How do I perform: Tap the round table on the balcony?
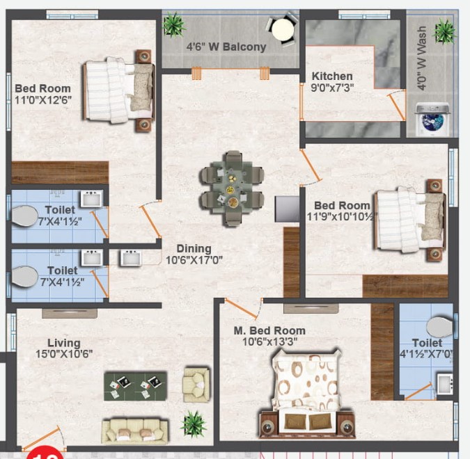[283, 29]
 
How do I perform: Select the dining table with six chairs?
[232, 188]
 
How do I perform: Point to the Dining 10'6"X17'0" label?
[194, 255]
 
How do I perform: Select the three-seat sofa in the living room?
[135, 431]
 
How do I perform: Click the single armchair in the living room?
[196, 385]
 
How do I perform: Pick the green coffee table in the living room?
[135, 386]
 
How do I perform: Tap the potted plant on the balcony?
[174, 24]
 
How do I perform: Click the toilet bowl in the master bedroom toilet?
[440, 327]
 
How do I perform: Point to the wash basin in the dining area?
[131, 258]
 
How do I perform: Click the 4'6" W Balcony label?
[226, 47]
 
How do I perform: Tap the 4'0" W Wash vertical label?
[421, 58]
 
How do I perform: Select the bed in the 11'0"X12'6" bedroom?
[118, 90]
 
